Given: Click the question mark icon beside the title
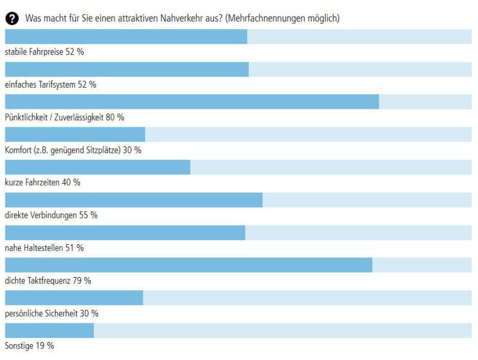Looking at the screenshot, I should pos(11,19).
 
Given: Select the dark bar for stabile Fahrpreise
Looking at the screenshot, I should pos(126,36).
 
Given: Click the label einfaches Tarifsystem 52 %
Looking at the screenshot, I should pos(51,85).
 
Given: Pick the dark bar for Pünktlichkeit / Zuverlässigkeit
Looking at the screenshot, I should pos(192,101).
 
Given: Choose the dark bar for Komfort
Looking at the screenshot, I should pos(75,134).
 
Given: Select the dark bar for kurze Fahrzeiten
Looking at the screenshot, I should pos(97,167).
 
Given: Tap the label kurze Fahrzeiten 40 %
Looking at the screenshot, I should pos(42,183).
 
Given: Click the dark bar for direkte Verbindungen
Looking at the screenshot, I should pos(134,200).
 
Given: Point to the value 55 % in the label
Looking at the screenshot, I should pos(88,216).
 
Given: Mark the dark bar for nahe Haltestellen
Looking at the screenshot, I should pos(125,232).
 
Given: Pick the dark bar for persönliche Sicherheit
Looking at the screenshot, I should pos(74,297).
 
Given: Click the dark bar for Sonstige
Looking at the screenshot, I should pos(49,330).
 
